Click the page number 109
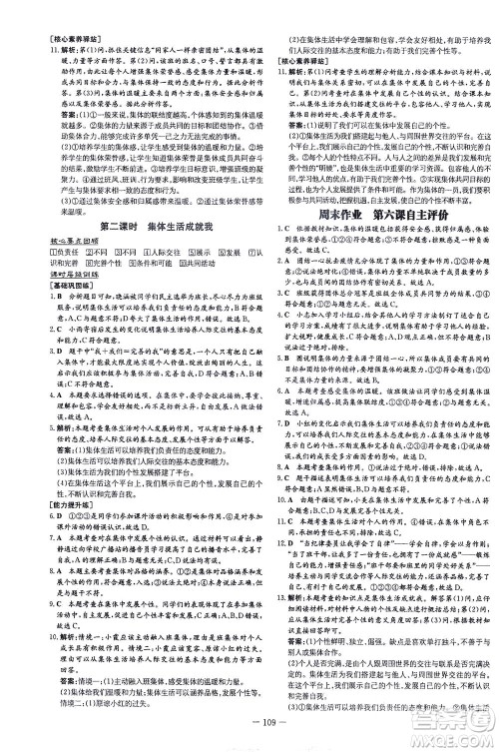click(x=249, y=737)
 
